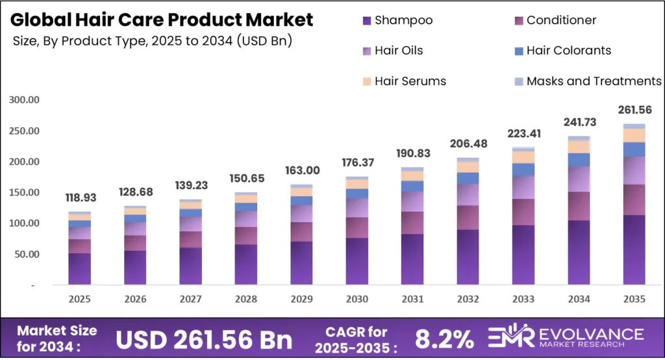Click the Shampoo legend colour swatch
pyautogui.click(x=367, y=21)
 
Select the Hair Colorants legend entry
pyautogui.click(x=568, y=51)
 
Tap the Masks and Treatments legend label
pyautogui.click(x=594, y=81)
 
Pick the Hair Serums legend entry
pyautogui.click(x=410, y=81)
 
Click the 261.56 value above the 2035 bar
pyautogui.click(x=634, y=109)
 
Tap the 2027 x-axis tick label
pyautogui.click(x=190, y=300)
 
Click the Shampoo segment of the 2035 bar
pyautogui.click(x=634, y=250)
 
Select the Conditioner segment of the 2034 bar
pyautogui.click(x=579, y=206)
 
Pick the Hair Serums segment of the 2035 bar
pyautogui.click(x=634, y=135)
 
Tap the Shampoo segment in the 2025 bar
pyautogui.click(x=79, y=268)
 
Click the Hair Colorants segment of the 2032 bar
pyautogui.click(x=468, y=178)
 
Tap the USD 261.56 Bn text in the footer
pyautogui.click(x=204, y=339)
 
